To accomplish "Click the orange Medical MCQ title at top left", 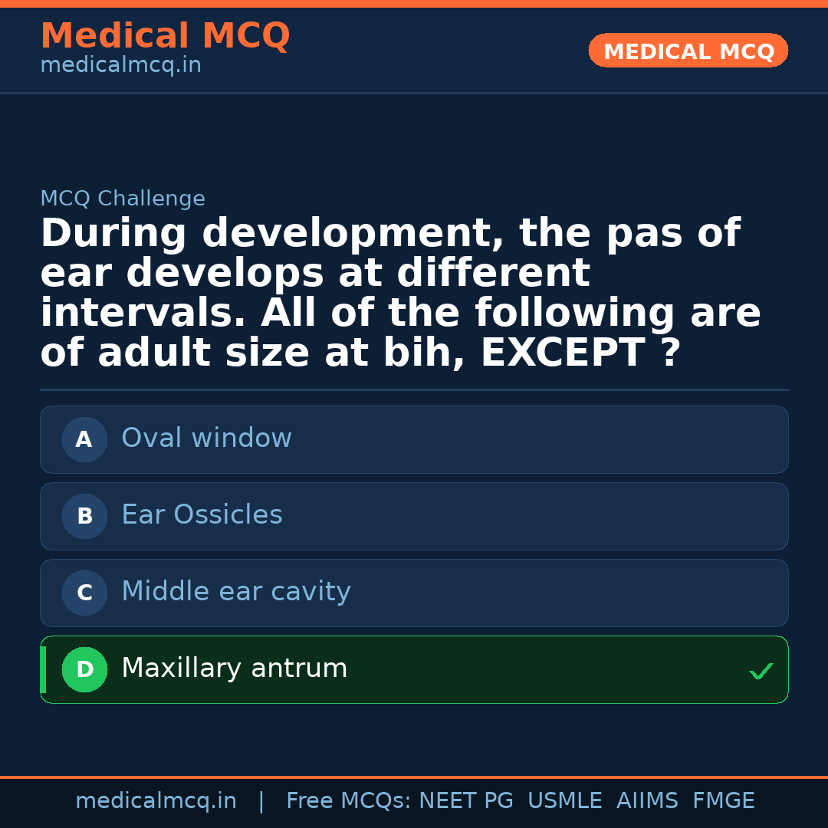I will point(165,36).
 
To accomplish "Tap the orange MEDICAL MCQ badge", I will point(688,51).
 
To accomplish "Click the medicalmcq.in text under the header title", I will point(120,66).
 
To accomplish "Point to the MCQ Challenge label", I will point(123,199).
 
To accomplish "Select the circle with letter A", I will point(84,439).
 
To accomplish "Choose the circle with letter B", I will point(84,516).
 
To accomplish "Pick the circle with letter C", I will point(84,593).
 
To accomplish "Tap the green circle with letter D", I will point(84,669).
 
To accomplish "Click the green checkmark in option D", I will point(761,672).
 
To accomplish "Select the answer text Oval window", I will point(206,439).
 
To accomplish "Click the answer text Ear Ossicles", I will point(202,515).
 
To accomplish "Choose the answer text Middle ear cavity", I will point(236,592).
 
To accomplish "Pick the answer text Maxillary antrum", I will point(234,669).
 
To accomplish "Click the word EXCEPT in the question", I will point(562,353).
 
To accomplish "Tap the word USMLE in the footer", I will point(564,801).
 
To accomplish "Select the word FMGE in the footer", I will point(723,801).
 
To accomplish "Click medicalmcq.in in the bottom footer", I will point(156,801).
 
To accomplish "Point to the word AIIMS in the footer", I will point(647,801).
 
